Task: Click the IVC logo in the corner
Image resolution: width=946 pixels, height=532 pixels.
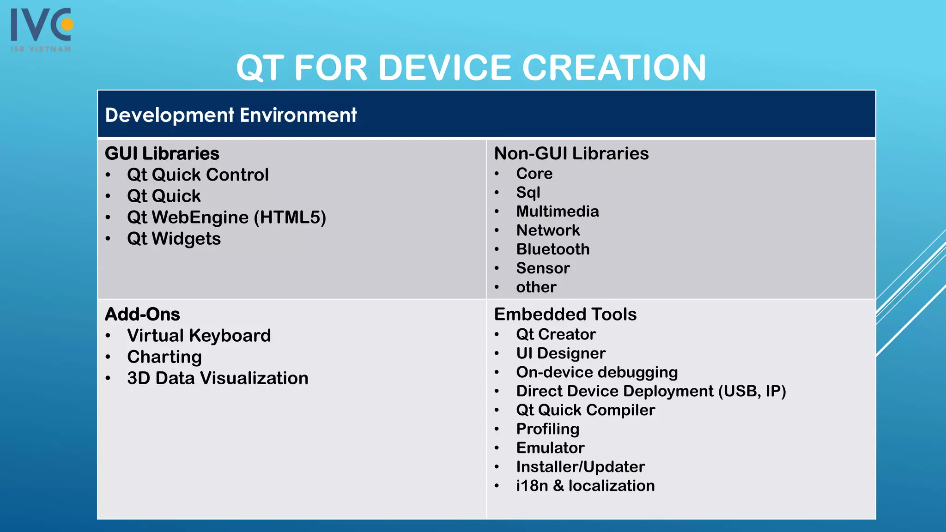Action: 42,29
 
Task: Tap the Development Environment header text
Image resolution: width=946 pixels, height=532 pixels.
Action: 231,115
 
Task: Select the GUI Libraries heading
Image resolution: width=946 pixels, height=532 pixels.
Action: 162,153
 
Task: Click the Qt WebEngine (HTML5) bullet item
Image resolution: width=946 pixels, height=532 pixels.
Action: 226,218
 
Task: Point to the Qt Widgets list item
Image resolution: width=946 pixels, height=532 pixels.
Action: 174,239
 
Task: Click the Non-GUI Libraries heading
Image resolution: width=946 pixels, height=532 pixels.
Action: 571,153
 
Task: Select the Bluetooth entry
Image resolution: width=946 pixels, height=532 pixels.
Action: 553,249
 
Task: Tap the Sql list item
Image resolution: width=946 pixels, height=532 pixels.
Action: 528,193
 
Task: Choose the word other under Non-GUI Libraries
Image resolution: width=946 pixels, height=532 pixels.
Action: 536,287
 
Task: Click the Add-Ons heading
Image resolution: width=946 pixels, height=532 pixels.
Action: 142,314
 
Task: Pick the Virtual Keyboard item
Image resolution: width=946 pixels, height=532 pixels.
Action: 199,336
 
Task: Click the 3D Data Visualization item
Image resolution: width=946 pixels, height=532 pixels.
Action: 218,378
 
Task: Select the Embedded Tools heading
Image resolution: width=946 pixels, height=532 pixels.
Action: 565,314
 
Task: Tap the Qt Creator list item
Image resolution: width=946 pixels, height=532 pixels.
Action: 556,334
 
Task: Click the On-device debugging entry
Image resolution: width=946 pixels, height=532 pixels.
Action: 597,372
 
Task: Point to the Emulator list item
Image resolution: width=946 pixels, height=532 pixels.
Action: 551,448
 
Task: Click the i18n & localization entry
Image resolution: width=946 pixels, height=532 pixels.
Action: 586,486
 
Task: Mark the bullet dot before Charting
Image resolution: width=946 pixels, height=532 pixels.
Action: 108,357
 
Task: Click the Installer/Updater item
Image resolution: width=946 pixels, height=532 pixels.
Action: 581,467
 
